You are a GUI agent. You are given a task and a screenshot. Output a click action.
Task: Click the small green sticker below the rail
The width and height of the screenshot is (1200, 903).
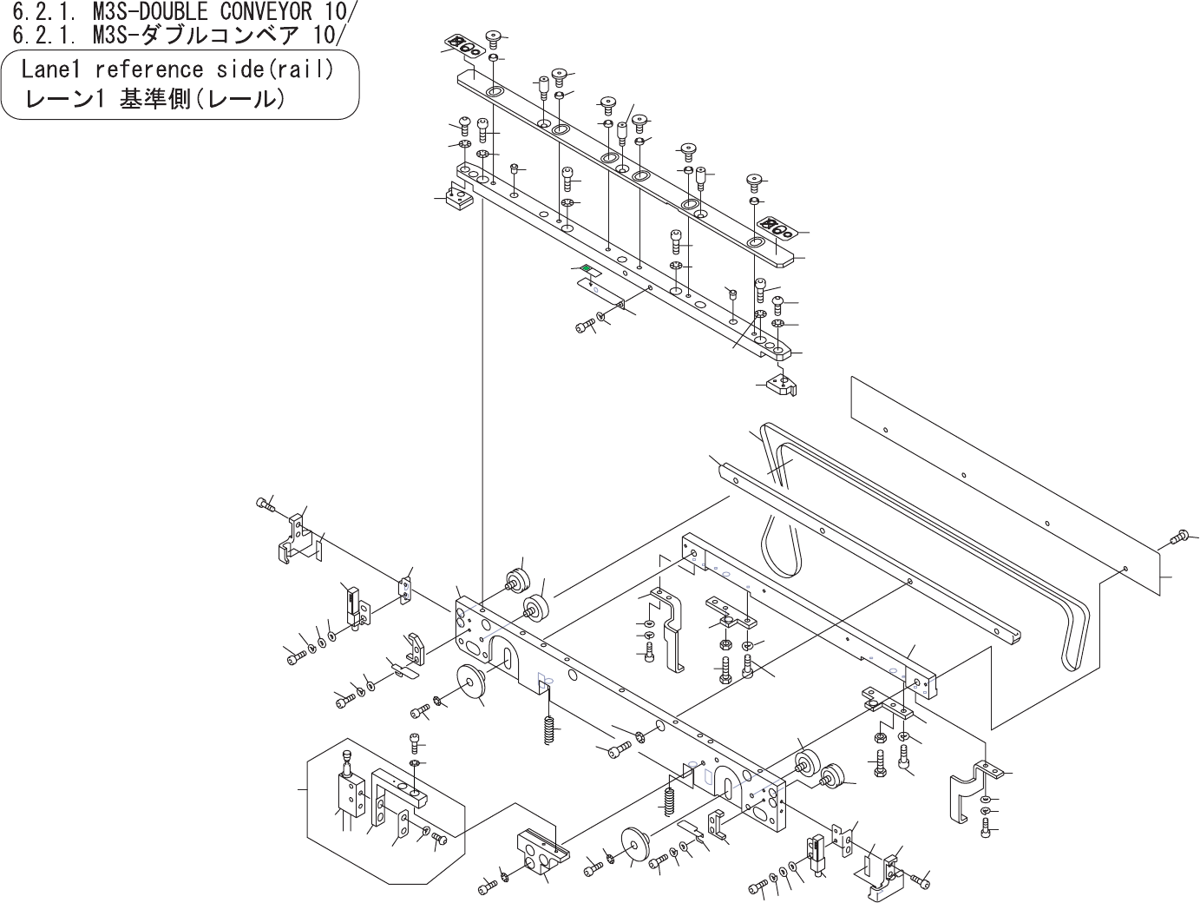point(587,268)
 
